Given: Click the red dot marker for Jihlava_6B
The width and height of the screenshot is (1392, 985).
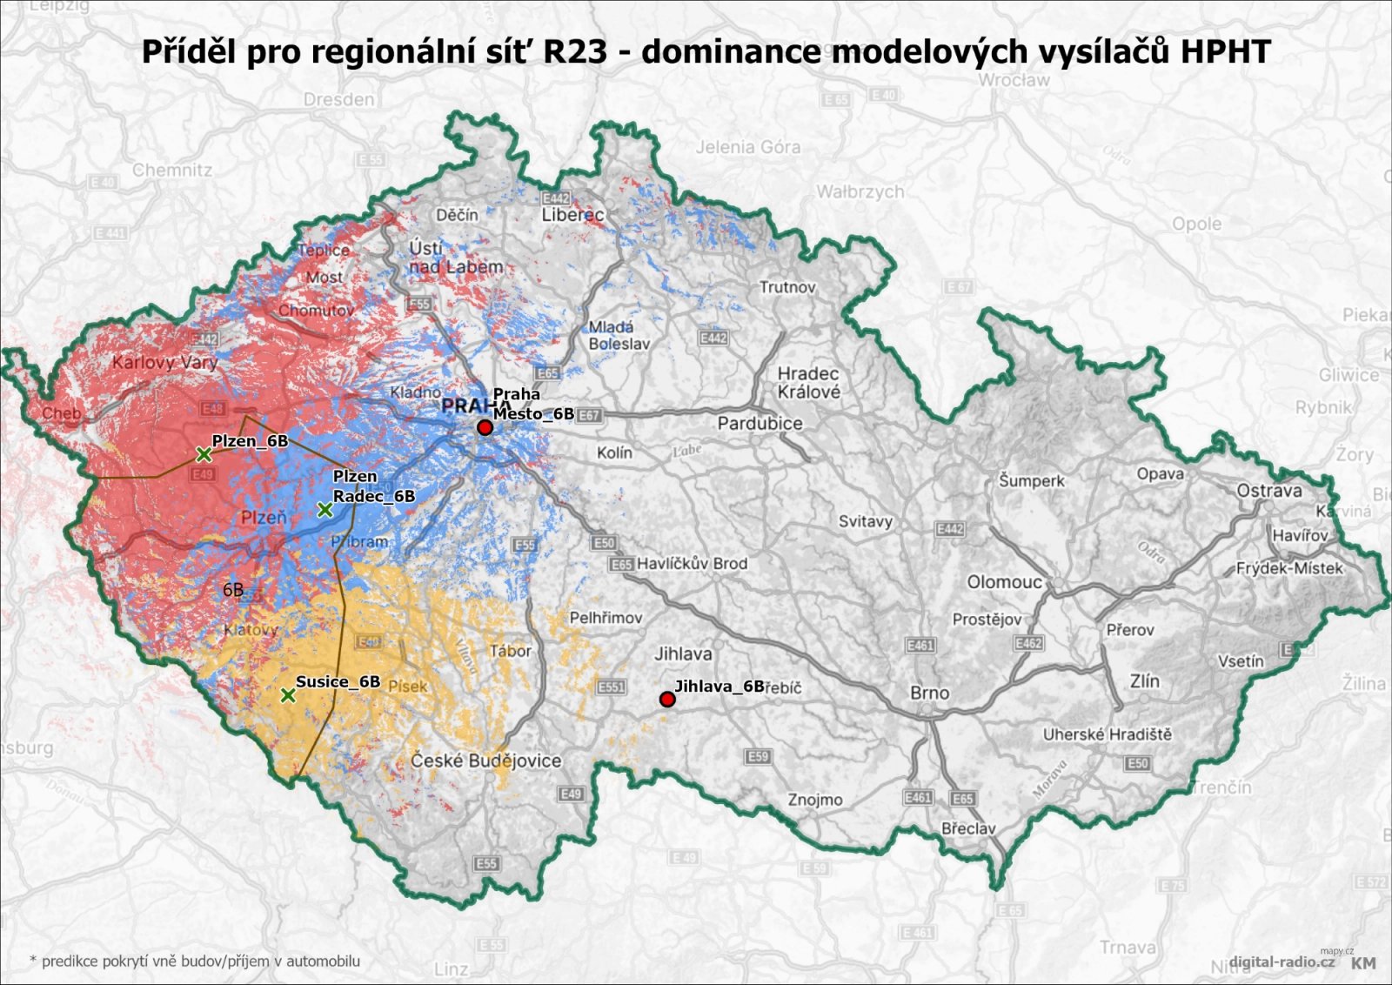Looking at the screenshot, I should (667, 700).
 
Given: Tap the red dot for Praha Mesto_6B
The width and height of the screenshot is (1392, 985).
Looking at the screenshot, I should (485, 428).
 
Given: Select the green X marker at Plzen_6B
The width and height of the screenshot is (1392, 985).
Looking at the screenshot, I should (204, 454).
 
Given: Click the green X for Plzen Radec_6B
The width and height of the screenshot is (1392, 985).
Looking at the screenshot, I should (325, 510).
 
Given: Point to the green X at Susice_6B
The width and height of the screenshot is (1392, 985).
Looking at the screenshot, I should (288, 695).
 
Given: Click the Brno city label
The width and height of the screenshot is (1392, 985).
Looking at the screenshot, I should (929, 694).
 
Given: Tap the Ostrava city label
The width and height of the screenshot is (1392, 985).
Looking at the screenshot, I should (1269, 491).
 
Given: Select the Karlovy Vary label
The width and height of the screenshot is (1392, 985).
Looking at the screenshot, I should (164, 362).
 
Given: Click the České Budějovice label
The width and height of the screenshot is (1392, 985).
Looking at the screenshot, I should (486, 761).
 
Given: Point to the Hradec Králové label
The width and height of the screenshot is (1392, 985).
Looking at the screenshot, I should (809, 383).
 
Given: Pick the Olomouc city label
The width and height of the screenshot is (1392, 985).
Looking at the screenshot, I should (1004, 582).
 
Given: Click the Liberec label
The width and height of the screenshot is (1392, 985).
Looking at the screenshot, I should (572, 215).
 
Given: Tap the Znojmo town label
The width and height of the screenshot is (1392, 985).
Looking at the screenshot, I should (815, 800).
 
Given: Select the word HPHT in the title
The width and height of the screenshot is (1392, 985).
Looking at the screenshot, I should (1225, 52).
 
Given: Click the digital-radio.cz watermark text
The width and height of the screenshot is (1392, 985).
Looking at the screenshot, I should (1282, 962).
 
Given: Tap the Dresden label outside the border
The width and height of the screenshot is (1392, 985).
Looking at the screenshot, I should (338, 100).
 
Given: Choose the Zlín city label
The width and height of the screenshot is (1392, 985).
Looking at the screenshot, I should (1145, 681).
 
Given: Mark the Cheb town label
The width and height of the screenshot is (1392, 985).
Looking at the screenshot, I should (61, 413).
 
